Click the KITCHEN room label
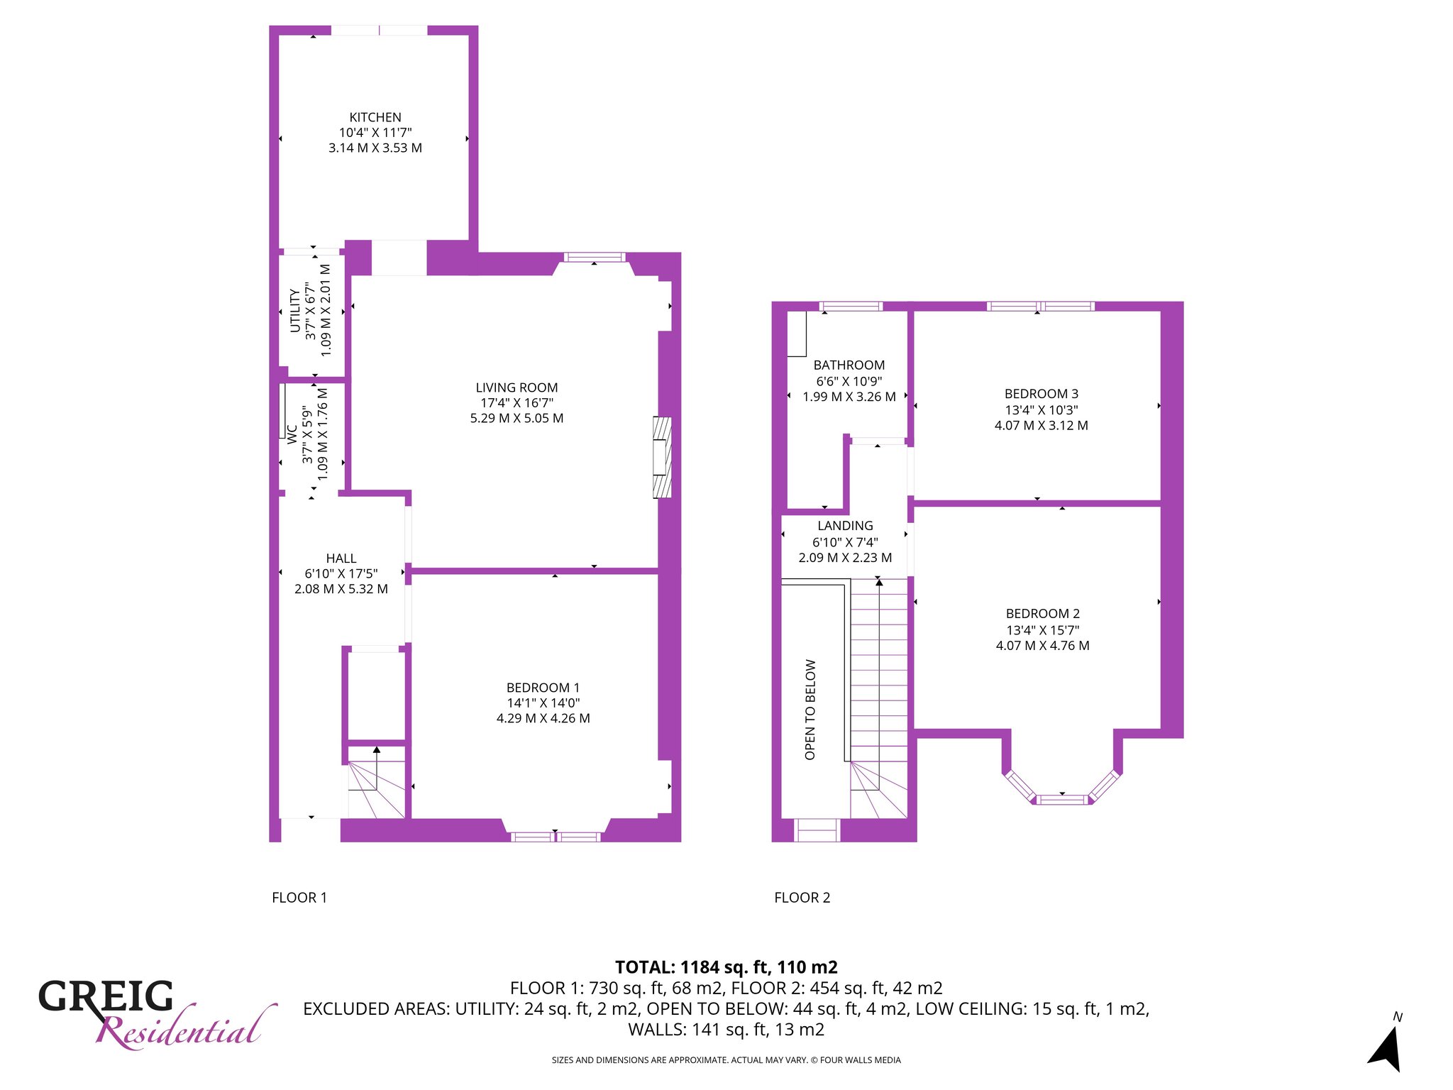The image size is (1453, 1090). (375, 117)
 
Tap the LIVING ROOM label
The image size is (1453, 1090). (516, 387)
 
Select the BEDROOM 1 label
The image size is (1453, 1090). (543, 688)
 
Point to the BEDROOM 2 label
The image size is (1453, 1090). (1043, 614)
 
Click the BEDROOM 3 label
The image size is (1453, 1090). (1042, 394)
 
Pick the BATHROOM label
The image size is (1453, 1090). (849, 365)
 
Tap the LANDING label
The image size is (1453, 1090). (845, 526)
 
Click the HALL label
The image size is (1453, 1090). (341, 558)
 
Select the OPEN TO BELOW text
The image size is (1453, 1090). (810, 710)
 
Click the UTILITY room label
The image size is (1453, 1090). (294, 310)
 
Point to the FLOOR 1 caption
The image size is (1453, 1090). (299, 898)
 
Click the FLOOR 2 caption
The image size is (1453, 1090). (802, 898)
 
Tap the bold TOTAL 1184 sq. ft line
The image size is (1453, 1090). (726, 967)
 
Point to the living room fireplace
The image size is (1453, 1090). (662, 457)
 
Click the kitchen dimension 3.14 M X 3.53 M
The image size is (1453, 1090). (375, 148)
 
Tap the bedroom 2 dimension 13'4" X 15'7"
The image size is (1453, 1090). (1043, 630)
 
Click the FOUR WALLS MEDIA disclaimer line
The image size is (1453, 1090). (726, 1060)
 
